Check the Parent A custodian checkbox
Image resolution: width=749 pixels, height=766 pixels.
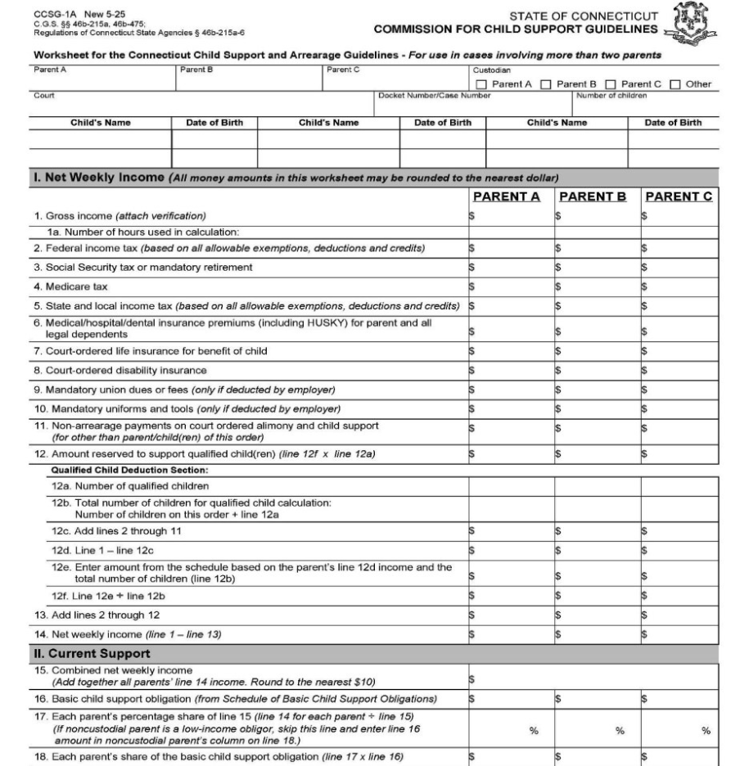[481, 84]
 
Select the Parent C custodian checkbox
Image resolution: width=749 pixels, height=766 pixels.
[611, 84]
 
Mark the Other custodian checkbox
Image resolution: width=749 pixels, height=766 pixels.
[675, 84]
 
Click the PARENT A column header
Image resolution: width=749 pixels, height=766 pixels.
[507, 197]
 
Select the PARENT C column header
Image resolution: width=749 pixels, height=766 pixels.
[679, 197]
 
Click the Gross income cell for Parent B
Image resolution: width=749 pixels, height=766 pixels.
[597, 216]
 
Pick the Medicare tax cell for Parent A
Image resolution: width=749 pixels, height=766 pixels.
[511, 287]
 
